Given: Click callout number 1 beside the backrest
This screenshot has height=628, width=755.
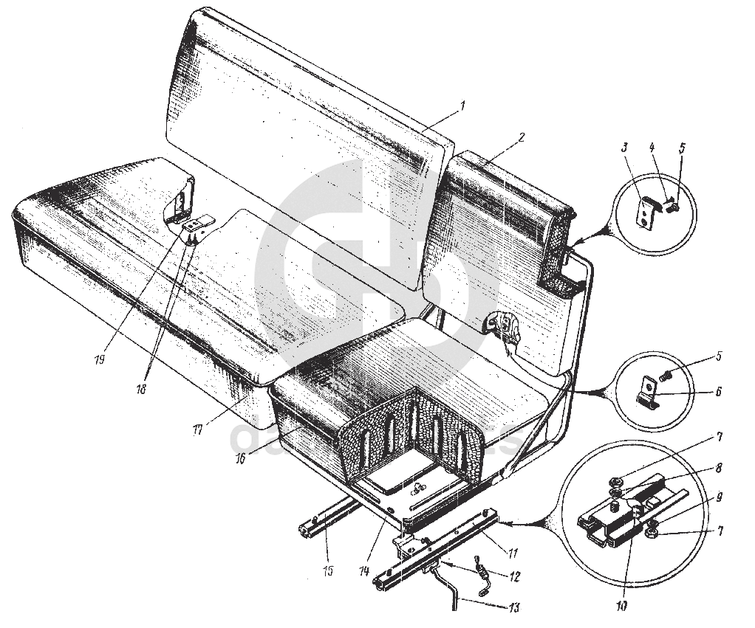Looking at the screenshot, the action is click(x=463, y=105).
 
